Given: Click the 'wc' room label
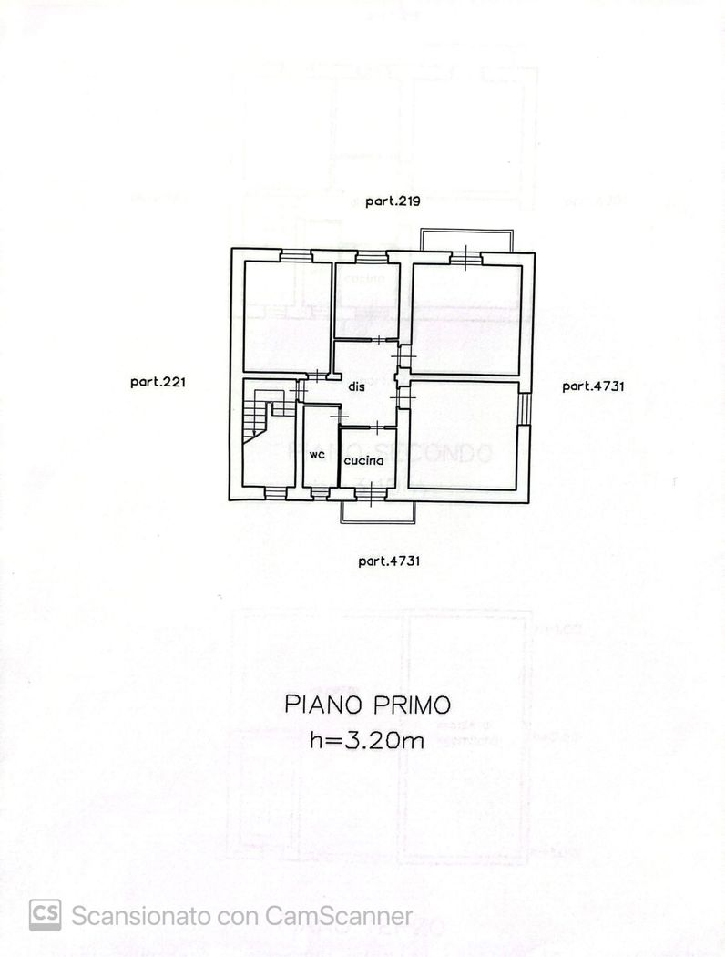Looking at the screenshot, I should [317, 454].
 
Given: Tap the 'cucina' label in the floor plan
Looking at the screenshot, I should [363, 460].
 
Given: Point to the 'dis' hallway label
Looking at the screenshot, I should [357, 386].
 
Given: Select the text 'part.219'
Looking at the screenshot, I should [392, 202].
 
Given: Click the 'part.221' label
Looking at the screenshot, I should [158, 383].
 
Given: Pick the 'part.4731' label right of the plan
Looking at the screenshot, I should [593, 386].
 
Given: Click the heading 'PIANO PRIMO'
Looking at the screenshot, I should [367, 705].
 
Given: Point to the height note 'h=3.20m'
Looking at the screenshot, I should [366, 741].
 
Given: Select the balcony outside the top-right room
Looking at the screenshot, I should [467, 240].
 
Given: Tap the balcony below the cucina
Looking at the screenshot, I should [378, 511].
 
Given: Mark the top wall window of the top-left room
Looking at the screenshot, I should [295, 256].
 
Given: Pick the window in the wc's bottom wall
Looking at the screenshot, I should [320, 493].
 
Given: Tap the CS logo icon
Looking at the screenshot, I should [45, 915].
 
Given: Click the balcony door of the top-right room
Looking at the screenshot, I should [465, 258].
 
